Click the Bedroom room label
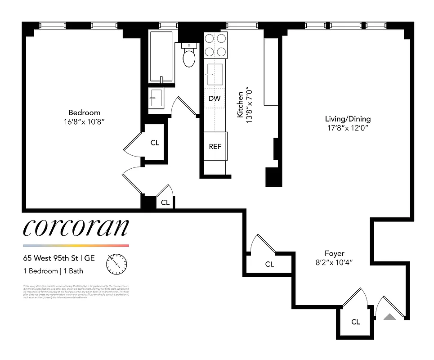pyautogui.click(x=84, y=112)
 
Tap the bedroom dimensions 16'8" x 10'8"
pyautogui.click(x=84, y=121)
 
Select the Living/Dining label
pyautogui.click(x=348, y=119)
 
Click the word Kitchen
pyautogui.click(x=241, y=104)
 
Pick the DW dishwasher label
pyautogui.click(x=215, y=99)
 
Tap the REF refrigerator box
pyautogui.click(x=215, y=146)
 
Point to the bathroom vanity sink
pyautogui.click(x=157, y=97)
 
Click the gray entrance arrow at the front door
pyautogui.click(x=389, y=317)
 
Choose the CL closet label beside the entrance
pyautogui.click(x=355, y=322)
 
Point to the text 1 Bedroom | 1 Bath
pyautogui.click(x=53, y=271)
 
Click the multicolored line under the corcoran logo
pyautogui.click(x=76, y=246)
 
